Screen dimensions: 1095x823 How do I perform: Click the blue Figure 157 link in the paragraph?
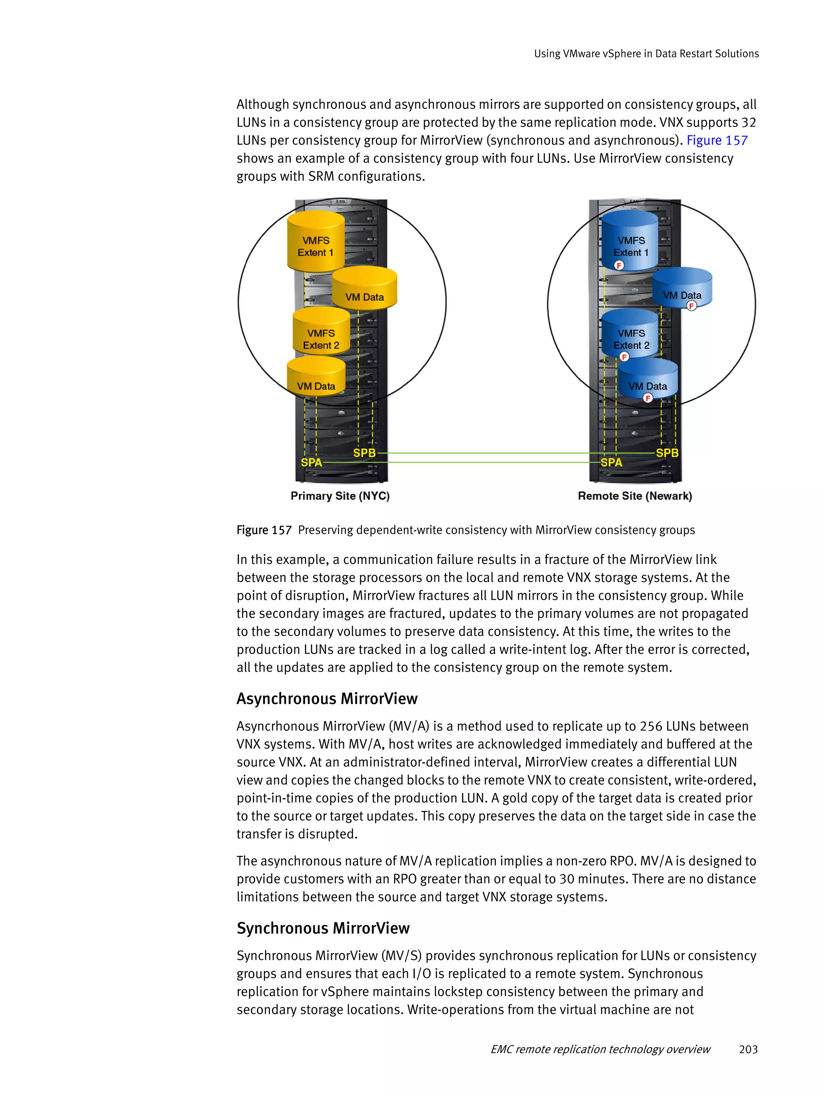717,141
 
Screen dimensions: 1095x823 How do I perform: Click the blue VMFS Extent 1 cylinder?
630,241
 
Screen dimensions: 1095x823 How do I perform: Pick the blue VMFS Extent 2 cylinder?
630,334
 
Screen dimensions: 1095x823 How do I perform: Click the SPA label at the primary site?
311,462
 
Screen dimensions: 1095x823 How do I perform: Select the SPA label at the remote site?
611,462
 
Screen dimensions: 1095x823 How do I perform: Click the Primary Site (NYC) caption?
340,496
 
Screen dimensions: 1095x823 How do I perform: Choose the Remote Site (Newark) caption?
635,496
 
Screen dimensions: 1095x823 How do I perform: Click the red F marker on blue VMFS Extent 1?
618,266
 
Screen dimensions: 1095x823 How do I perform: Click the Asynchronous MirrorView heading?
327,699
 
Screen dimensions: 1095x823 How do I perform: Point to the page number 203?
748,1049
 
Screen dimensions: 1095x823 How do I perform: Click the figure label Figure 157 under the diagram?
264,530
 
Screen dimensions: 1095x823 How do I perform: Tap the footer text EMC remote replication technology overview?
600,1049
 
